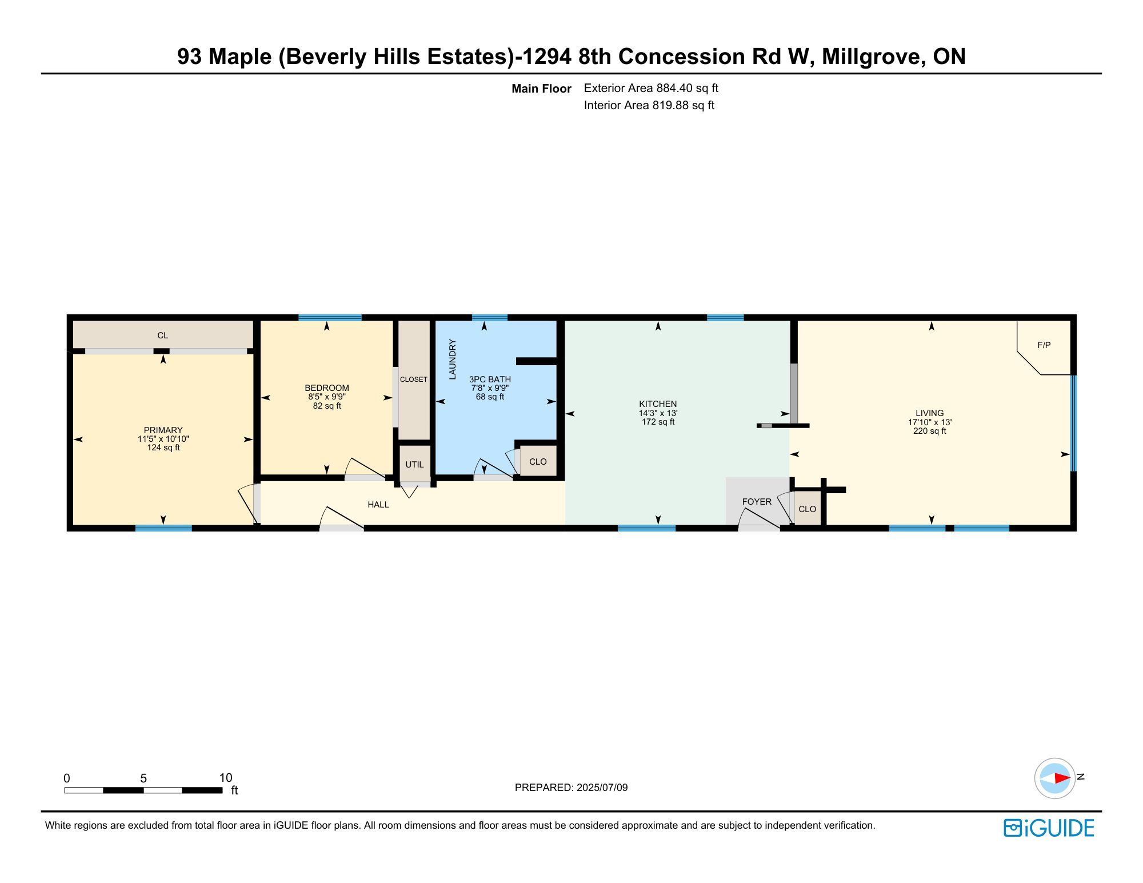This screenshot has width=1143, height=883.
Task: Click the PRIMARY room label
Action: click(x=163, y=430)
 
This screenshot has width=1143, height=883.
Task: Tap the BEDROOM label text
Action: click(x=327, y=388)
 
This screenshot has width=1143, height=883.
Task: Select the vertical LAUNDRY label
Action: click(x=453, y=359)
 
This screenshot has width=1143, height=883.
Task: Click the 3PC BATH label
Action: click(x=490, y=379)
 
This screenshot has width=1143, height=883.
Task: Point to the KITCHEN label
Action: click(x=658, y=404)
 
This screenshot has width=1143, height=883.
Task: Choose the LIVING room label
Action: click(x=930, y=413)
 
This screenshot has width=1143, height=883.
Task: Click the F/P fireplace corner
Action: click(x=1044, y=347)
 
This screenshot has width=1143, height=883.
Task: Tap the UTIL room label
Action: click(x=414, y=465)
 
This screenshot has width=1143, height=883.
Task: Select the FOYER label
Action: click(x=757, y=502)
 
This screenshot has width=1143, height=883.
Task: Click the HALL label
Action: click(x=378, y=505)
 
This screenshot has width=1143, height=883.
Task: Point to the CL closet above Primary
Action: click(x=163, y=335)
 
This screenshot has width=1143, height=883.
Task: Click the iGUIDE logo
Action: click(x=1049, y=828)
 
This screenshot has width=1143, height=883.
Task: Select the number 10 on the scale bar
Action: click(x=226, y=778)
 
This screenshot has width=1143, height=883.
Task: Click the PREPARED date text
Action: click(x=571, y=788)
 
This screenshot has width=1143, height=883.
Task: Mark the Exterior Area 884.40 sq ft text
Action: click(x=651, y=89)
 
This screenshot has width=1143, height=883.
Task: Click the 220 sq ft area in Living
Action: click(x=930, y=431)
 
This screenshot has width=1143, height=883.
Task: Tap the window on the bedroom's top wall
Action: click(x=330, y=318)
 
